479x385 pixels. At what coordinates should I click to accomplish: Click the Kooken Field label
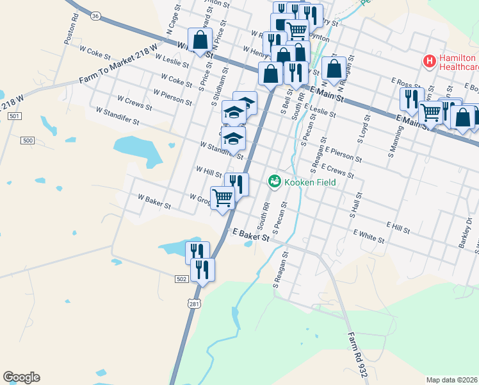310,182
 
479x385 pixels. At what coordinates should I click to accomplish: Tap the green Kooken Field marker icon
275,182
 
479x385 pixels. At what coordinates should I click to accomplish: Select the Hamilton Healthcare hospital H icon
429,62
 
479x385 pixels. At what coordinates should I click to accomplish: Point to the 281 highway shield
193,303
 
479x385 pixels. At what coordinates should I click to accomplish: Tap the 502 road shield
181,278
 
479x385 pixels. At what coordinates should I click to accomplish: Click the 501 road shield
15,116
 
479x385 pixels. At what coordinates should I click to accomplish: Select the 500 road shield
28,140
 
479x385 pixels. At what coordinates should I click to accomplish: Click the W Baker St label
154,202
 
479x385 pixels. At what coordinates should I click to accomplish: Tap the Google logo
21,377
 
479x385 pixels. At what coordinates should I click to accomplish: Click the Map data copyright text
452,380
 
